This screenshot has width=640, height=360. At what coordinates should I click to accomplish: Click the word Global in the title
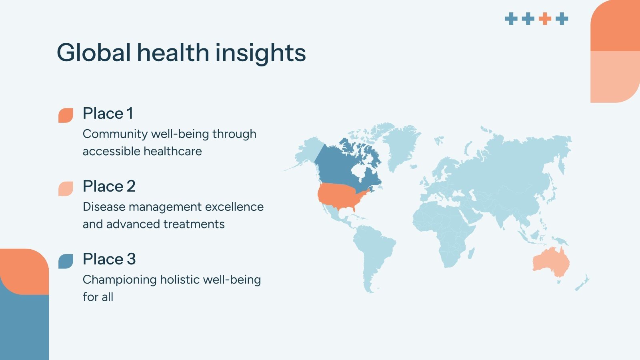[94, 52]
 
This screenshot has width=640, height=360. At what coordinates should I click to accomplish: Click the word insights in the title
[260, 52]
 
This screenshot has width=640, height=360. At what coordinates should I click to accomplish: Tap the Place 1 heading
[108, 113]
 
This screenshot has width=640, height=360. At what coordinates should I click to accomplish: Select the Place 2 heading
[109, 186]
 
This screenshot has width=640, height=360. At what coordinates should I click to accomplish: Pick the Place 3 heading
[109, 259]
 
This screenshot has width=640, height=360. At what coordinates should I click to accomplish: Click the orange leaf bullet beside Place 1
[66, 115]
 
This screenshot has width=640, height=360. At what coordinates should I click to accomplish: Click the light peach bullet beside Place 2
[66, 188]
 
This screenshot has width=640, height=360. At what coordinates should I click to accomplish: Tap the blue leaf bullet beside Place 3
[66, 261]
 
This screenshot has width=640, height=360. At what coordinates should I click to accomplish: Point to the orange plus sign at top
[545, 18]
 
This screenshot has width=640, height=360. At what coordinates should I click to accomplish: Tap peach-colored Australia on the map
[551, 262]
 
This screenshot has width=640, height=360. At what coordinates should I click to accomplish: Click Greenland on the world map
[400, 144]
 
